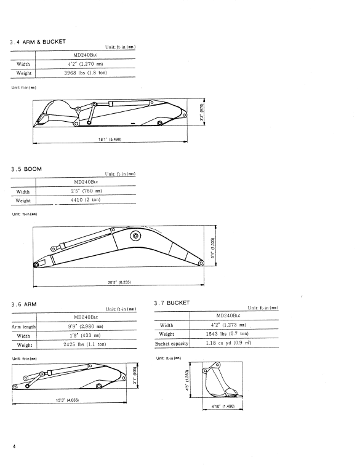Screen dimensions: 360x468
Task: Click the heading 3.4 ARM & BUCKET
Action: point(38,42)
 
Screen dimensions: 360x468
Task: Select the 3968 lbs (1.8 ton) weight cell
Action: point(86,73)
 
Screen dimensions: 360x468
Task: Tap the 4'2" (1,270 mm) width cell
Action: point(86,64)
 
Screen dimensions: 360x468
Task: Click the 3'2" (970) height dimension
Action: point(202,112)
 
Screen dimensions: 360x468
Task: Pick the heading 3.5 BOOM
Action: point(26,169)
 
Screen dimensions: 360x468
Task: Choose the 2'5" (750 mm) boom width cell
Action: point(86,191)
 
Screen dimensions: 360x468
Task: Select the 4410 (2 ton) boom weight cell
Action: point(86,200)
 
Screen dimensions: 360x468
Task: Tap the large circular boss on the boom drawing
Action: point(135,236)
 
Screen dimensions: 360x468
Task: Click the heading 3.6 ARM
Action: point(24,304)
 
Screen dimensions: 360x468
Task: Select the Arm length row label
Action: point(23,327)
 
